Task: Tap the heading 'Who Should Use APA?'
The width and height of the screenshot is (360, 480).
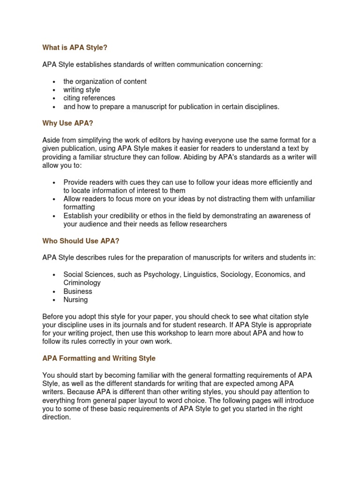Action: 77,241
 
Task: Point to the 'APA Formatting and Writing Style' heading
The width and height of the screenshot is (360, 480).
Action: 99,358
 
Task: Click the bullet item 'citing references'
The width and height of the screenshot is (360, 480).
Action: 89,98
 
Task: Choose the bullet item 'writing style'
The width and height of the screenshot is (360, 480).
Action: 82,90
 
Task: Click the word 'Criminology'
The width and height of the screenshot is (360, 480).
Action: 82,283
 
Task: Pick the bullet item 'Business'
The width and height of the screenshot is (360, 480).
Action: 78,291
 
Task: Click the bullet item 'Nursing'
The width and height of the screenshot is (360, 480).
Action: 75,300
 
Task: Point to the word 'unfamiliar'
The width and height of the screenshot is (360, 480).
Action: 298,199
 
